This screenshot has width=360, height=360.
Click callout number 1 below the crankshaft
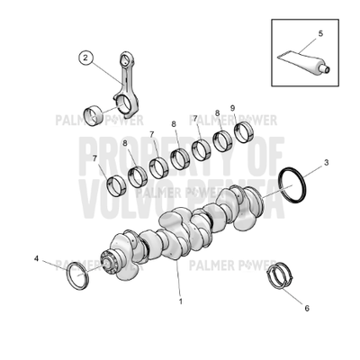point(180,301)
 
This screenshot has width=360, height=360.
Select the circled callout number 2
point(86,59)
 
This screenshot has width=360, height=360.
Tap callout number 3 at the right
point(326,163)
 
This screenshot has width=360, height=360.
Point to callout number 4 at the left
point(37,258)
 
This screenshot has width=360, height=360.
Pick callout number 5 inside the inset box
point(319,34)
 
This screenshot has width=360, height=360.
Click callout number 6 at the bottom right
point(306,308)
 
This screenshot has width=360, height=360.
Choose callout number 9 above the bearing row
point(232,108)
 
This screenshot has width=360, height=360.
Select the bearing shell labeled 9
point(243,133)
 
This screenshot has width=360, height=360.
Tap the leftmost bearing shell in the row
point(113,185)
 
